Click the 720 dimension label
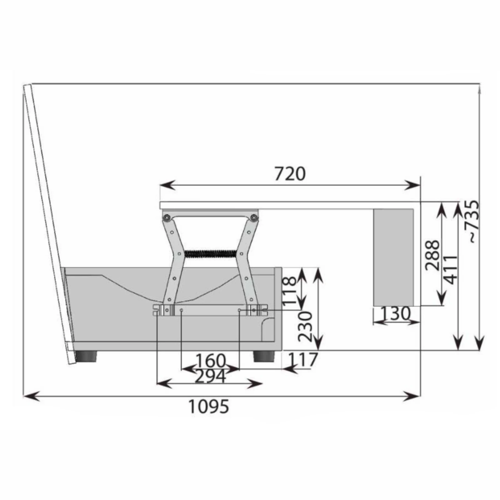(290, 174)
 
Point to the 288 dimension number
(433, 255)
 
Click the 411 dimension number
(450, 269)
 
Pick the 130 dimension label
(395, 313)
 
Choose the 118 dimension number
(289, 291)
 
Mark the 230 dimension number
(305, 327)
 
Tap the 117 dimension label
(302, 359)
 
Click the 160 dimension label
(210, 361)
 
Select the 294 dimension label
(210, 377)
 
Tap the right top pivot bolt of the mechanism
(254, 217)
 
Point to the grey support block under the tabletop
(394, 257)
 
